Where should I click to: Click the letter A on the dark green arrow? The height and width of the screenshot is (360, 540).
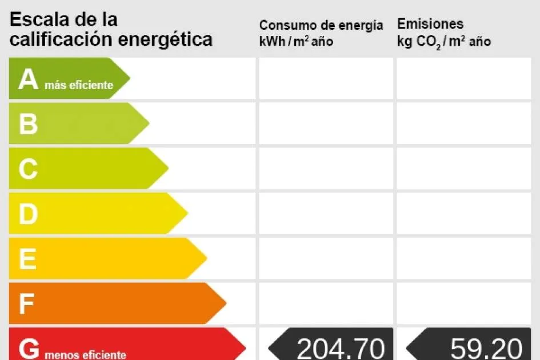[28, 80]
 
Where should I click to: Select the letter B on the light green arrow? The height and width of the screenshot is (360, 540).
[28, 124]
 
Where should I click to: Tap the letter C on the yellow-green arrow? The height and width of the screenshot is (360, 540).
[28, 169]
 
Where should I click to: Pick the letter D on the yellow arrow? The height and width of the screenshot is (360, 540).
[28, 214]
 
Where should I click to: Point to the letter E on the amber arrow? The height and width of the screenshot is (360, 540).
[27, 259]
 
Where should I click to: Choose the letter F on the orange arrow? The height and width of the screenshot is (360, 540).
[27, 304]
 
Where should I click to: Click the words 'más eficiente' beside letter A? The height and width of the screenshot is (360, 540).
[79, 86]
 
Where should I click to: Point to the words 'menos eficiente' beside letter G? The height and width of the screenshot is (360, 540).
[85, 355]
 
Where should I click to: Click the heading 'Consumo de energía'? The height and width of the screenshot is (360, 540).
[321, 25]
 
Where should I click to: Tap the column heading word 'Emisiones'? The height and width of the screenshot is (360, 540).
[430, 24]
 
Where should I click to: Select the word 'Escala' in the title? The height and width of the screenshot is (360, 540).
[39, 19]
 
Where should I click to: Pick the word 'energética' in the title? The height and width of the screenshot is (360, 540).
[165, 39]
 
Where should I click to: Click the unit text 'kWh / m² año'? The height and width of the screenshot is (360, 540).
[296, 42]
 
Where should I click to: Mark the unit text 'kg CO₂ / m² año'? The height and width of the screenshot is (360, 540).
[443, 42]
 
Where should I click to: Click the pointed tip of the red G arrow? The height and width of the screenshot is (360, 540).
[245, 347]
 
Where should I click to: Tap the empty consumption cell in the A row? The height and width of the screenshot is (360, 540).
[326, 78]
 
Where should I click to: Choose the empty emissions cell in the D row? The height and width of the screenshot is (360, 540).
[463, 213]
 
